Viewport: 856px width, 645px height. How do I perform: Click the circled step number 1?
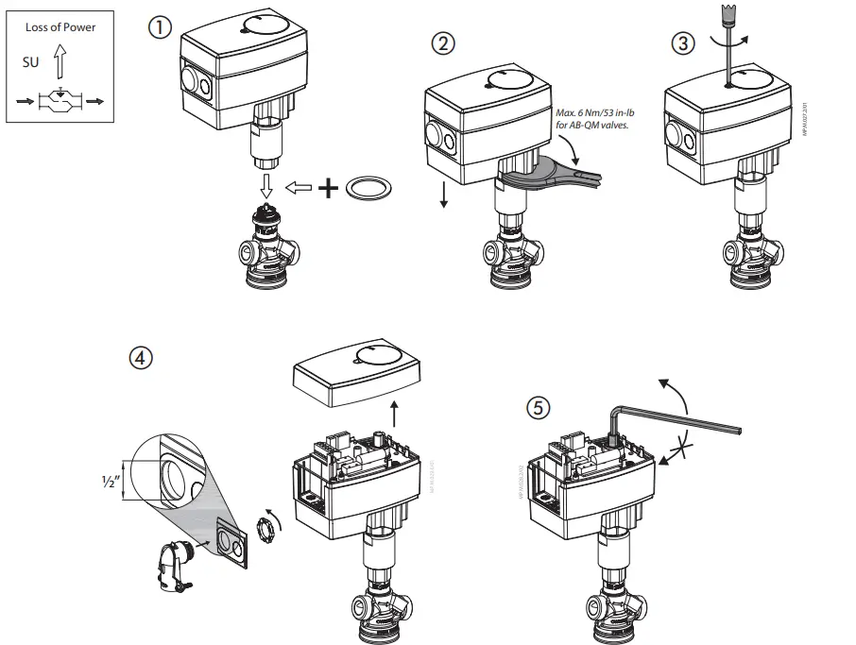click(160, 28)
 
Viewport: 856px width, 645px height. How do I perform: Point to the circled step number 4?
click(141, 358)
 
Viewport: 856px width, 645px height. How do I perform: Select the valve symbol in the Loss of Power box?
click(60, 99)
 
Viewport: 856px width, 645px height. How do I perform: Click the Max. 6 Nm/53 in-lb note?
click(592, 119)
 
